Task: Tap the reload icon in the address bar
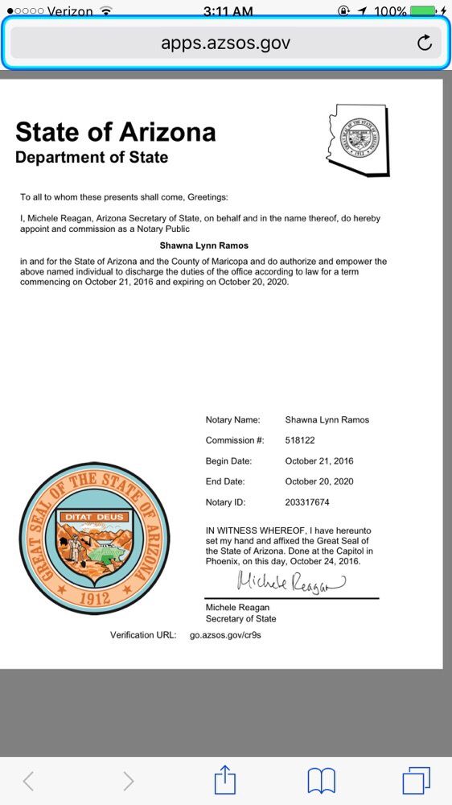(x=425, y=43)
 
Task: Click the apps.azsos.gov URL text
(x=225, y=43)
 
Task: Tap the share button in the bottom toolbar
(x=226, y=780)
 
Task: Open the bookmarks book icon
(x=321, y=780)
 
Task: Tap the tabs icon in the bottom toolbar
(x=416, y=780)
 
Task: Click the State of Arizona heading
(x=116, y=131)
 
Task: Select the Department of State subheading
(x=92, y=157)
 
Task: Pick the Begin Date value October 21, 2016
(x=319, y=461)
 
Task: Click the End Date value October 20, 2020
(x=319, y=481)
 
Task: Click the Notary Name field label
(x=233, y=419)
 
